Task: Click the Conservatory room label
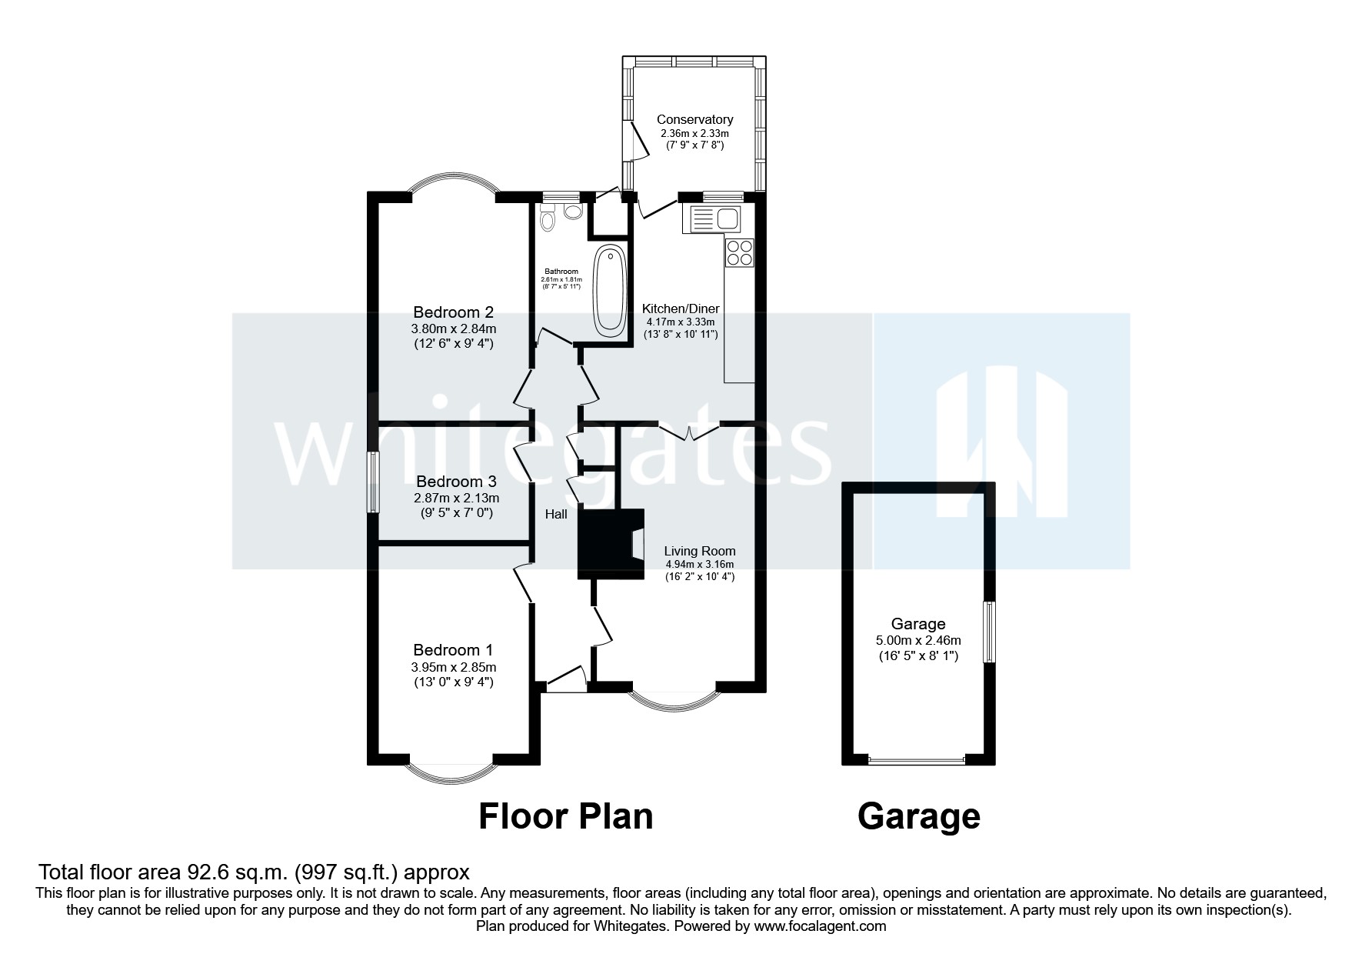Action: pos(694,119)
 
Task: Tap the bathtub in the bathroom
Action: pos(610,291)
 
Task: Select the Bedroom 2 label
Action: pos(453,312)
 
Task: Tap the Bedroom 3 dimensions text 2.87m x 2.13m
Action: pos(456,498)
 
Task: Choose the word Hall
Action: pos(556,514)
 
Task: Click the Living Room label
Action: pos(700,551)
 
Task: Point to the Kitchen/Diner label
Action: pos(681,309)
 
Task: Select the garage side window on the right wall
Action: pos(991,632)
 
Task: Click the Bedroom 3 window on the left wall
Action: pos(372,482)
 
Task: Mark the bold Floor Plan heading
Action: pos(565,816)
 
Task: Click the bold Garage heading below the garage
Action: pos(918,816)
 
